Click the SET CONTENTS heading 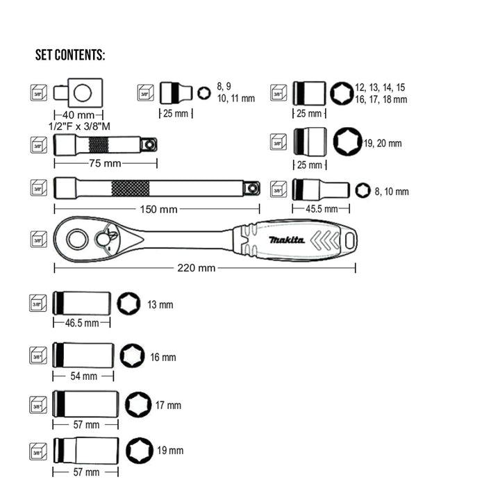pyautogui.click(x=70, y=56)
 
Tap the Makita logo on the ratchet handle pyautogui.click(x=287, y=240)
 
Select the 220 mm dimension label pyautogui.click(x=197, y=268)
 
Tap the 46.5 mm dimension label pyautogui.click(x=81, y=323)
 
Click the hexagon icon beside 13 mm pyautogui.click(x=128, y=303)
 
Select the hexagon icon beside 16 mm pyautogui.click(x=131, y=356)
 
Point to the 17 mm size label pyautogui.click(x=167, y=406)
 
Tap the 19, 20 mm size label pyautogui.click(x=382, y=144)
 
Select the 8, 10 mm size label pyautogui.click(x=392, y=192)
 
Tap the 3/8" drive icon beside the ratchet pyautogui.click(x=38, y=240)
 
